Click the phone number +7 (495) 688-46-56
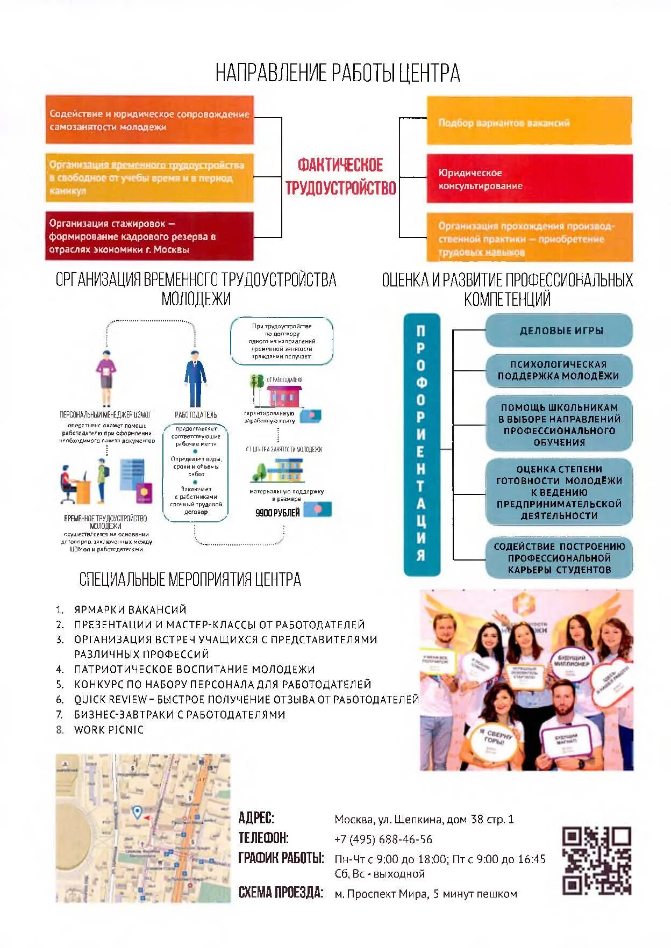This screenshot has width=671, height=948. pyautogui.click(x=383, y=839)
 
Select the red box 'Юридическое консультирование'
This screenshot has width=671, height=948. pyautogui.click(x=529, y=179)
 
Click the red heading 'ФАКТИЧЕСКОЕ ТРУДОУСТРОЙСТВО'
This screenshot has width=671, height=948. pyautogui.click(x=340, y=176)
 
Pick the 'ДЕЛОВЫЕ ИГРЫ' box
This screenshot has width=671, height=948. pyautogui.click(x=559, y=331)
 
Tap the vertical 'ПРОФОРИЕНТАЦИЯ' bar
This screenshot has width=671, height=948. pyautogui.click(x=422, y=444)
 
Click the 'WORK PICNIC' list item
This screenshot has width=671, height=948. pyautogui.click(x=109, y=729)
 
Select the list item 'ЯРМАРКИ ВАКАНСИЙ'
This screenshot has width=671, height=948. pyautogui.click(x=130, y=609)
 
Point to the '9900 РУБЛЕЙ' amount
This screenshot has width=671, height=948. pyautogui.click(x=277, y=513)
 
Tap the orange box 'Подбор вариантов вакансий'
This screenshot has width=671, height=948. pyautogui.click(x=529, y=121)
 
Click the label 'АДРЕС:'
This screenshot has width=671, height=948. pyautogui.click(x=256, y=818)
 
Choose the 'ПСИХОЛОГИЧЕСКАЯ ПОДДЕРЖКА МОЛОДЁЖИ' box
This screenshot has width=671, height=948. pyautogui.click(x=559, y=370)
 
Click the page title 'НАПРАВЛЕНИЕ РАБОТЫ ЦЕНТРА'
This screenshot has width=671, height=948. pyautogui.click(x=338, y=73)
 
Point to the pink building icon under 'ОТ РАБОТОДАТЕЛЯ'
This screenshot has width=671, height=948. pyautogui.click(x=282, y=396)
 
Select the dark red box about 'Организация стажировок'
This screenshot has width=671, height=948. pyautogui.click(x=149, y=236)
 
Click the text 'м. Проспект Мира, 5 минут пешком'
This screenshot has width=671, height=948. pyautogui.click(x=425, y=894)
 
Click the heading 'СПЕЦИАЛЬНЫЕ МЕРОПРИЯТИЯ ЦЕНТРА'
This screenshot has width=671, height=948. pyautogui.click(x=190, y=579)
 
